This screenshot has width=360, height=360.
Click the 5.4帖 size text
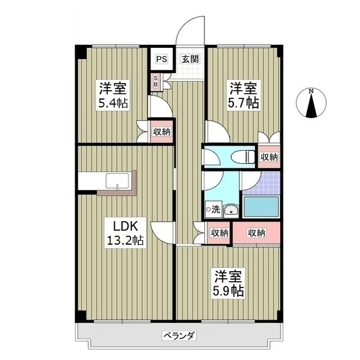pyautogui.click(x=114, y=103)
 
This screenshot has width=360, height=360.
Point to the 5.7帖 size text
pyautogui.click(x=243, y=103)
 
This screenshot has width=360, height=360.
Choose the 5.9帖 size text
pyautogui.click(x=228, y=291)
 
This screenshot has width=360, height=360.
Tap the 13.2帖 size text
pyautogui.click(x=125, y=241)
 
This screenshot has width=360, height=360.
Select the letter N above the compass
pyautogui.click(x=311, y=91)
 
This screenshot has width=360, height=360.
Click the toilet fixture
pyautogui.click(x=241, y=157)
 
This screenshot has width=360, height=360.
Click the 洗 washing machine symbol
pyautogui.click(x=213, y=209)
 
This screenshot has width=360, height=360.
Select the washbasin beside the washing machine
pyautogui.click(x=230, y=211)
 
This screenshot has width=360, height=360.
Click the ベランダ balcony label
pyautogui.click(x=179, y=336)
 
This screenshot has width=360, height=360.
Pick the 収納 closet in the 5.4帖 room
pyautogui.click(x=161, y=132)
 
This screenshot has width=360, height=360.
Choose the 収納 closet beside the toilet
pyautogui.click(x=269, y=157)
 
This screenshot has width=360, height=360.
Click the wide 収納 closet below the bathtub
pyautogui.click(x=256, y=233)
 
